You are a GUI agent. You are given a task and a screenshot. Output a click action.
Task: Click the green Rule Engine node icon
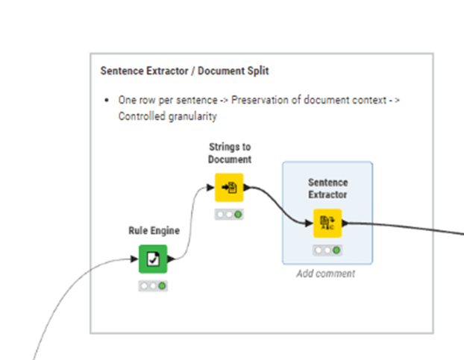[153, 259]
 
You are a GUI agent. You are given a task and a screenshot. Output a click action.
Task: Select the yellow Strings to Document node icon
[229, 187]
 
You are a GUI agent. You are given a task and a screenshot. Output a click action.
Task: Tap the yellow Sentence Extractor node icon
[326, 223]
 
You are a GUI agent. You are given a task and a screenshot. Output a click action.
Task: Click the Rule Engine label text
[154, 231]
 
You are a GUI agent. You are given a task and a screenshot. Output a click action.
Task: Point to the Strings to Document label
[230, 153]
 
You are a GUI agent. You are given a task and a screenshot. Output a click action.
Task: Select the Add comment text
[326, 274]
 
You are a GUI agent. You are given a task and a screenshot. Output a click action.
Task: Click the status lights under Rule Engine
[153, 286]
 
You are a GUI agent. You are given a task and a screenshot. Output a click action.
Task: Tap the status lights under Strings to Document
[229, 215]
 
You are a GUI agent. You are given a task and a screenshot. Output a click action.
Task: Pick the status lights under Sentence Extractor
[326, 250]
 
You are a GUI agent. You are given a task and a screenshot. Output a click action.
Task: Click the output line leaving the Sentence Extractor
[403, 225]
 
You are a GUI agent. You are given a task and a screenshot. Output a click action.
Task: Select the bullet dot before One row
[109, 100]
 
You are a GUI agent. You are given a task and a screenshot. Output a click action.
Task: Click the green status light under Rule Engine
[161, 286]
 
